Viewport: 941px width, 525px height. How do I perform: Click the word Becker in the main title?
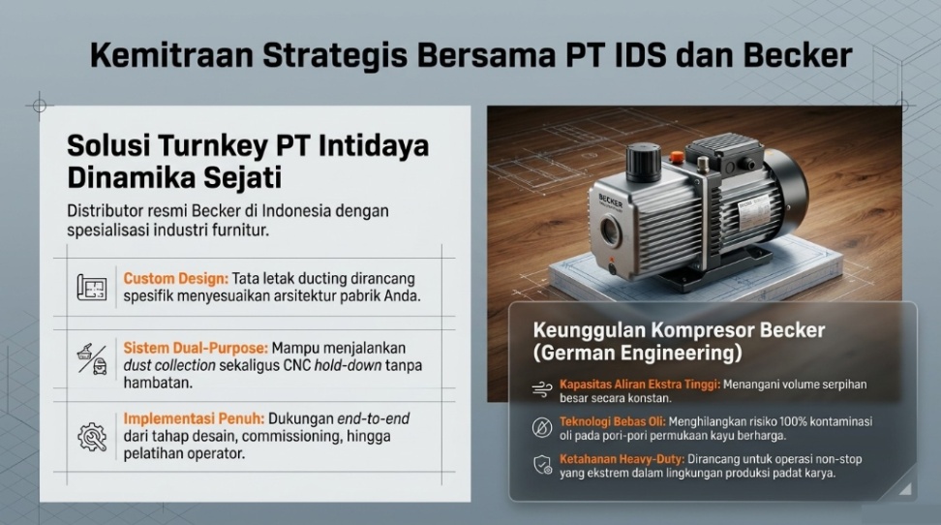[798, 55]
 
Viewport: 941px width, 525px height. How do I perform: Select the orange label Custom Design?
[176, 279]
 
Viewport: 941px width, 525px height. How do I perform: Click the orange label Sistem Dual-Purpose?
[196, 348]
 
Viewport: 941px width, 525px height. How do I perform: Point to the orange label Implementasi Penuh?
[194, 418]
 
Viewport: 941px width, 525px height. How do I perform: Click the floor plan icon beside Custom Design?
[92, 287]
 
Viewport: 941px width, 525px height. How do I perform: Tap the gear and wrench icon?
[92, 437]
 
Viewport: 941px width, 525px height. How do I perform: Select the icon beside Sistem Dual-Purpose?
[92, 359]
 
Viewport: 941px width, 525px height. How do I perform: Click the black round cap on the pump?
[644, 162]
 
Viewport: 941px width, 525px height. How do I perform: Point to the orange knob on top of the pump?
[677, 156]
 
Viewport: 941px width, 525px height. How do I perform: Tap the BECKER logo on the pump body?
[610, 201]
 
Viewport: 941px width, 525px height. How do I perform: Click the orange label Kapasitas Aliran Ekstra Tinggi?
[640, 385]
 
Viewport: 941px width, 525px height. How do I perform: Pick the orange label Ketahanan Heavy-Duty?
[622, 459]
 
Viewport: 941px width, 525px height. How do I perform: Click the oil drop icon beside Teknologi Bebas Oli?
[542, 428]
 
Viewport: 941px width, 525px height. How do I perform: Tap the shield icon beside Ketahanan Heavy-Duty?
[542, 465]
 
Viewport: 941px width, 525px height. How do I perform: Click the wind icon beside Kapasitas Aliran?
[542, 389]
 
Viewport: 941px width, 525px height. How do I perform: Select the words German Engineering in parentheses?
[637, 353]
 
